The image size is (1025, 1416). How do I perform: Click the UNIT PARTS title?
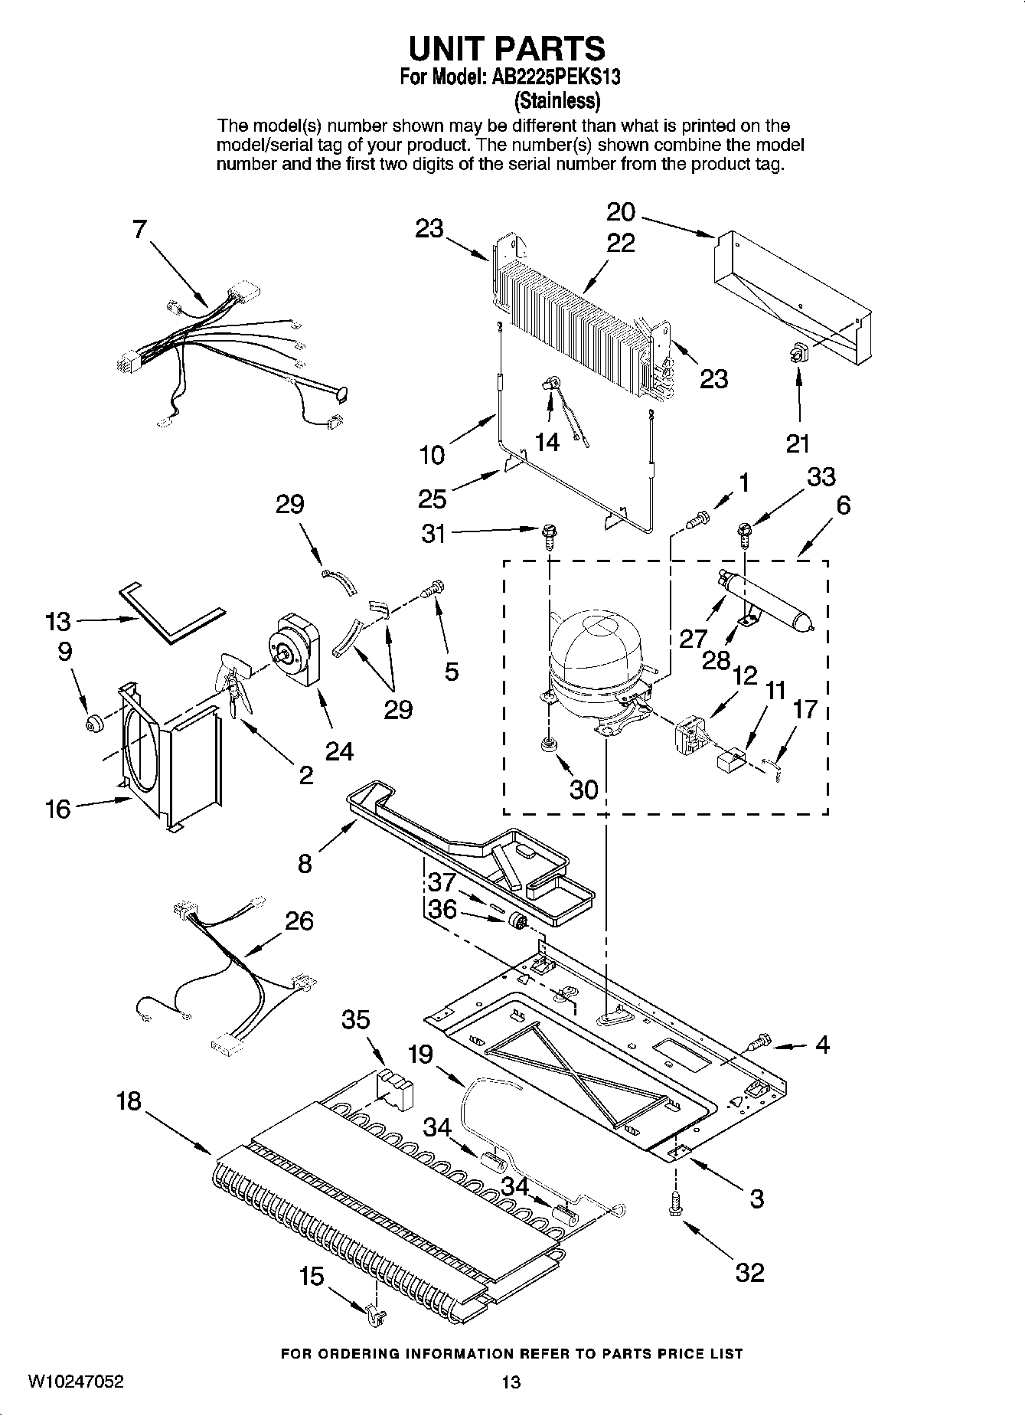[x=507, y=48]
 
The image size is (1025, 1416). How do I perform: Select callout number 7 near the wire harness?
[x=139, y=229]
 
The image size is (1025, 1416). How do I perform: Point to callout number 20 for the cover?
[x=620, y=211]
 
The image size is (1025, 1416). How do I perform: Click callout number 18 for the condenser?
[x=129, y=1101]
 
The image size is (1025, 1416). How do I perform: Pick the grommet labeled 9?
[x=94, y=722]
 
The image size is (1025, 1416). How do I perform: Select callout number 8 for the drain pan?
[x=305, y=864]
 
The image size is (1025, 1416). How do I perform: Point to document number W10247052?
[x=76, y=1382]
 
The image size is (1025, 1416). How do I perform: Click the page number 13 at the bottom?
[x=511, y=1382]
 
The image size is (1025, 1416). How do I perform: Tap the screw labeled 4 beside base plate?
[x=758, y=1042]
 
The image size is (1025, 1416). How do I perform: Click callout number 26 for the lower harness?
[x=299, y=920]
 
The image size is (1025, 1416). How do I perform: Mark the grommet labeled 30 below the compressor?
[x=548, y=744]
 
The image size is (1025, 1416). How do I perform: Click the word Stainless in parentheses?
[x=557, y=100]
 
